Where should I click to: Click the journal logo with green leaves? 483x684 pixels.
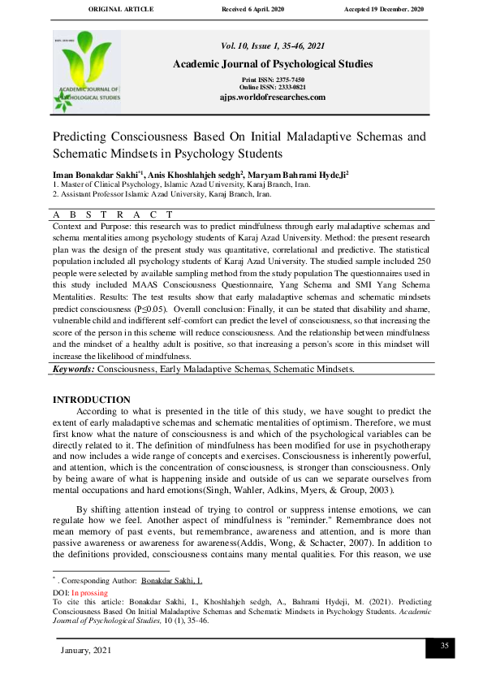point(87,71)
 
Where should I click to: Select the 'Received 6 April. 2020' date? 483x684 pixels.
point(261,10)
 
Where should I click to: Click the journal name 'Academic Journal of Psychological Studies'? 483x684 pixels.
point(273,64)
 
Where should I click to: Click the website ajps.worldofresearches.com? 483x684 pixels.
point(273,97)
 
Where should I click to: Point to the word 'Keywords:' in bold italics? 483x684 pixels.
point(73,369)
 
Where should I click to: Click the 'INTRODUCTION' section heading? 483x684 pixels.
point(91,400)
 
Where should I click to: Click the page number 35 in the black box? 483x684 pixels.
point(444,646)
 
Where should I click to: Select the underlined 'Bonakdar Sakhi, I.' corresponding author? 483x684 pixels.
point(171,582)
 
